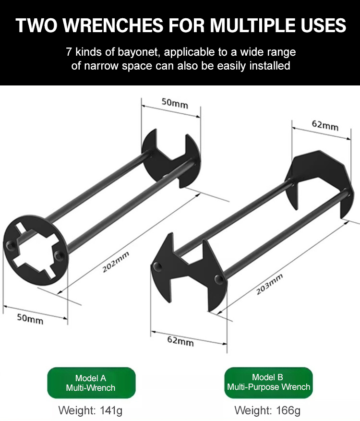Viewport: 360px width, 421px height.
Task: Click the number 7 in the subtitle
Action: (x=69, y=52)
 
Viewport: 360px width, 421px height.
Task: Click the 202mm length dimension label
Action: (x=116, y=262)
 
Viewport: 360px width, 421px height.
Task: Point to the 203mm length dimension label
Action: (x=269, y=284)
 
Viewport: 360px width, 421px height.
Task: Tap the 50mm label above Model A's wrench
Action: (x=175, y=103)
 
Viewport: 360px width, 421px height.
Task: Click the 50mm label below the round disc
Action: (x=30, y=319)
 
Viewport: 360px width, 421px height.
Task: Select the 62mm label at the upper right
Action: (x=325, y=125)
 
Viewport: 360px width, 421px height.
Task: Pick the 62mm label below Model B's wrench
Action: (x=180, y=341)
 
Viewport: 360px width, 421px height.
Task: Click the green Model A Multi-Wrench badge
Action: (x=91, y=383)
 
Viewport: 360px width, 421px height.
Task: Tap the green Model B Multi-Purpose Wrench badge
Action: (x=268, y=382)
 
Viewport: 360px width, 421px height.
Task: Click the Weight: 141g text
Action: (x=90, y=410)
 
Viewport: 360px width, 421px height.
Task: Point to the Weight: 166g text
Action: (x=267, y=410)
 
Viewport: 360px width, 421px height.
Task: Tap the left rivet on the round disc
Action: (x=10, y=245)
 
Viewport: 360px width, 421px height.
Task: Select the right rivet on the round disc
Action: (x=58, y=255)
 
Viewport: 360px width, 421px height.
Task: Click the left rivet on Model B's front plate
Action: (x=157, y=266)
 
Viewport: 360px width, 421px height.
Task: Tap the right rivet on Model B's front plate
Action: (x=218, y=279)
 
